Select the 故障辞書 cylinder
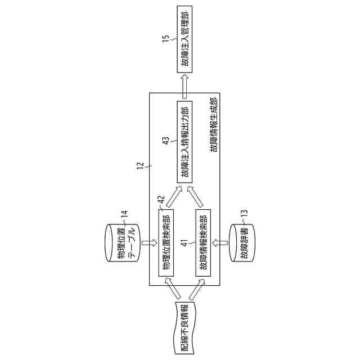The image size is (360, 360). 242,242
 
